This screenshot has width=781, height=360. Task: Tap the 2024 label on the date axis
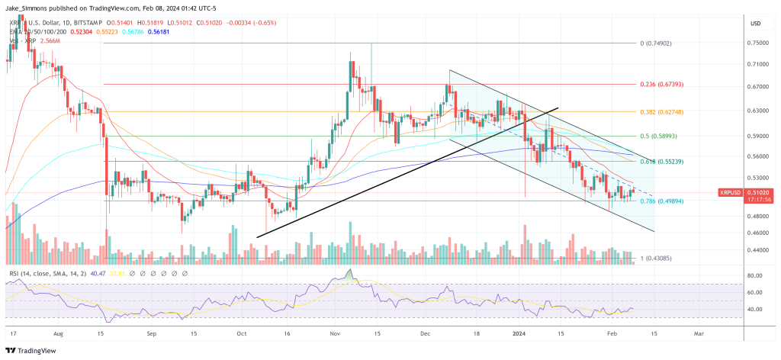pos(521,334)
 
